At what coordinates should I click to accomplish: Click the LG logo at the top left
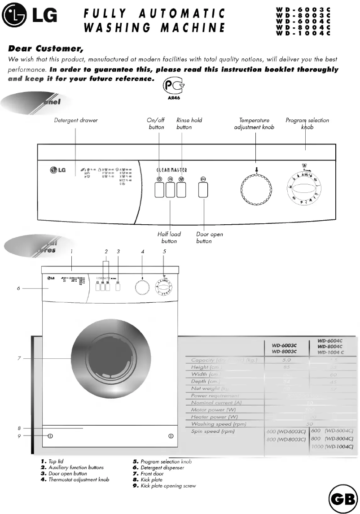[x=30, y=17]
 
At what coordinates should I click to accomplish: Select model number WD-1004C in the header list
[x=303, y=33]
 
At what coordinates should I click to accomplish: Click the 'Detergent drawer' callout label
[x=76, y=120]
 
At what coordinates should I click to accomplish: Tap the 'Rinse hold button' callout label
[x=189, y=124]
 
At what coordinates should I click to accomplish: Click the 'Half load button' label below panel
[x=169, y=238]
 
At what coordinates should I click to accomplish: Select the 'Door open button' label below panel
[x=209, y=238]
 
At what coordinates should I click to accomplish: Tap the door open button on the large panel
[x=203, y=190]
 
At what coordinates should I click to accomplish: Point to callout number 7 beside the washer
[x=19, y=358]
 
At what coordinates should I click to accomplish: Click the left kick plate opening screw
[x=50, y=436]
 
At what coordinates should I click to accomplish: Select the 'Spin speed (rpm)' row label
[x=213, y=431]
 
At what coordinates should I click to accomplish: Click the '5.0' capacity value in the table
[x=286, y=360]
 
